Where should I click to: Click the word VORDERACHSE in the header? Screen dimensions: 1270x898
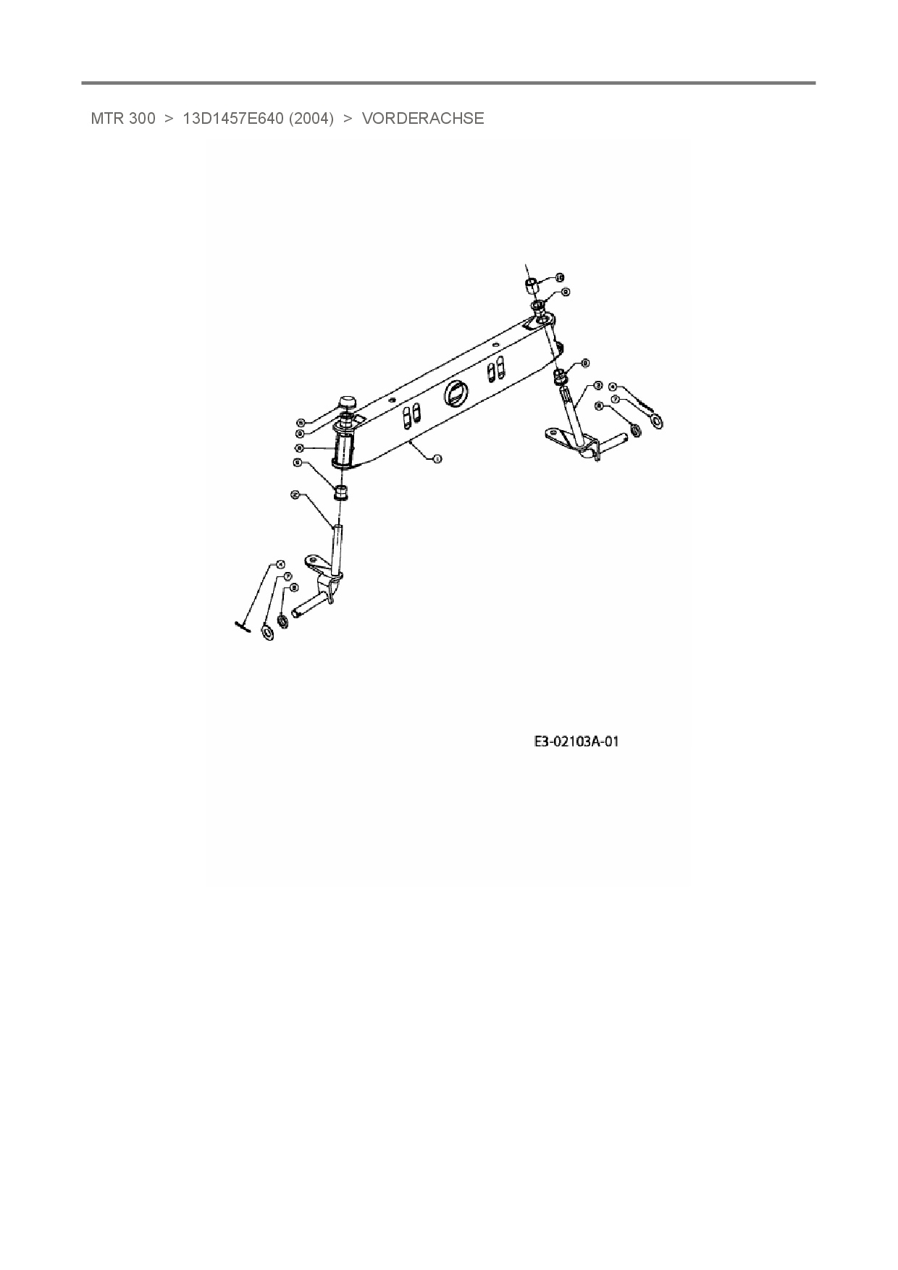click(423, 119)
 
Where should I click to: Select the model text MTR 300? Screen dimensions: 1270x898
click(122, 119)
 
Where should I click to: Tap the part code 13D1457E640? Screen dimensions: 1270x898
click(232, 119)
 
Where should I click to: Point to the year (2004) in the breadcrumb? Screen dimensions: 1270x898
click(311, 119)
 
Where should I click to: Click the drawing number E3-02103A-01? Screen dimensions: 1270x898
click(576, 741)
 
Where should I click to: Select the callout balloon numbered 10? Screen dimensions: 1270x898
click(560, 277)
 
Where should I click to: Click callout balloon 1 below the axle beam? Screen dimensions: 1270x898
click(437, 458)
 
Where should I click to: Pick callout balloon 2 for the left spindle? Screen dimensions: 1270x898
click(295, 495)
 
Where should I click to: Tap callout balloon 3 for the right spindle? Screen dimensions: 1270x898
click(598, 385)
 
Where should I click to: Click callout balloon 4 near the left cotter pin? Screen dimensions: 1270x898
click(281, 563)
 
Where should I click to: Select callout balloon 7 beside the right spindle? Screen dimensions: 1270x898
click(615, 399)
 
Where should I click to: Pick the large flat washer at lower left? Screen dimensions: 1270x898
click(268, 634)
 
